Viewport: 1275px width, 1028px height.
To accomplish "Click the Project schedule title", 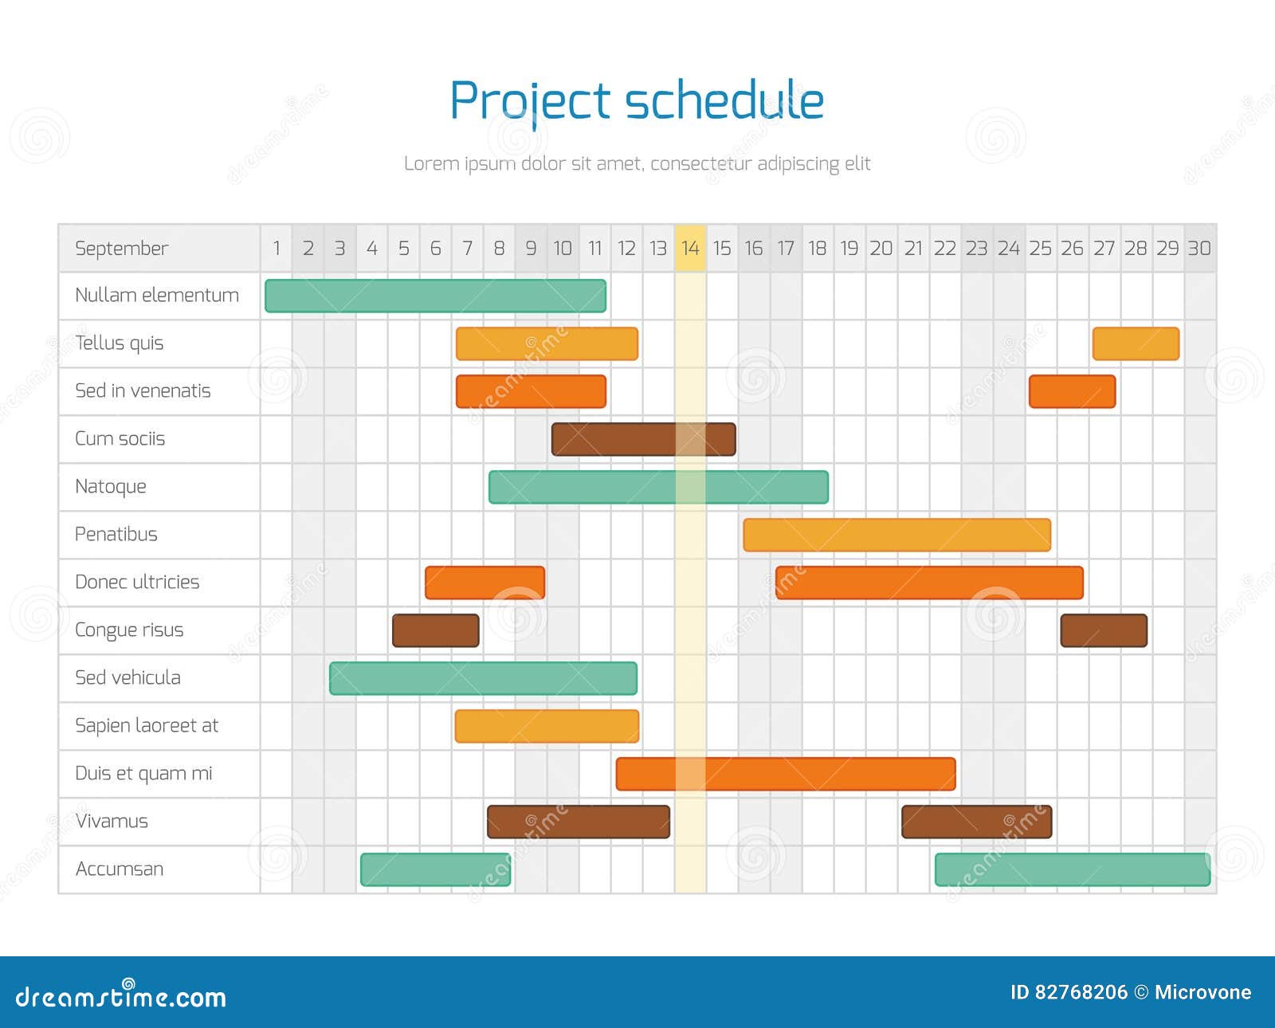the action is click(637, 101).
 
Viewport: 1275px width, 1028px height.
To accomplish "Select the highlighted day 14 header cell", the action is click(690, 248).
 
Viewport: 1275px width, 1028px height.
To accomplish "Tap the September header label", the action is click(121, 249).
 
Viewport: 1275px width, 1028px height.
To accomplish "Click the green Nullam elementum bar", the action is click(435, 296).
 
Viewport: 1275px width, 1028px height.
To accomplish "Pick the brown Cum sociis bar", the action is click(643, 439).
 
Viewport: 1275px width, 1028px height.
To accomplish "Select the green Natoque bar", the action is click(658, 487).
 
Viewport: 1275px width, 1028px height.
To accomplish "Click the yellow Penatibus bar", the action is click(897, 535).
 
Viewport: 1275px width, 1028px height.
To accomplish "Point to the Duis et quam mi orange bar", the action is click(786, 774).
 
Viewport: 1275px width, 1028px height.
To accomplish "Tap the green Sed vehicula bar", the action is click(484, 678).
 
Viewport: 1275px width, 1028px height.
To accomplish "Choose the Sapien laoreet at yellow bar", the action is click(547, 726).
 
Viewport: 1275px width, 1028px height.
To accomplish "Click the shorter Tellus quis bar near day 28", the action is click(1136, 343).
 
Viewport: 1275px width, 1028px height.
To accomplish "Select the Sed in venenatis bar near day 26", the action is click(1073, 391).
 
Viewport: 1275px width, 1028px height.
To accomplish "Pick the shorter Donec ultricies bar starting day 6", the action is click(484, 583).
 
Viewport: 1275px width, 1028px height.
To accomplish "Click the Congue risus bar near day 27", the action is click(1104, 630).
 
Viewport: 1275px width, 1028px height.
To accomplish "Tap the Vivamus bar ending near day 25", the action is click(976, 822).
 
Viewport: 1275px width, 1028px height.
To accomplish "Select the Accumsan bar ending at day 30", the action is click(1073, 869).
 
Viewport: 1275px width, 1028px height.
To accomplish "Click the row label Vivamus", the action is click(112, 822).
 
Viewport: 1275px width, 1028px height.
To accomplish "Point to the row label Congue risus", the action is click(129, 630).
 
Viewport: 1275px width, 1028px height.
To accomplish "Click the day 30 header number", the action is click(1199, 249).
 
